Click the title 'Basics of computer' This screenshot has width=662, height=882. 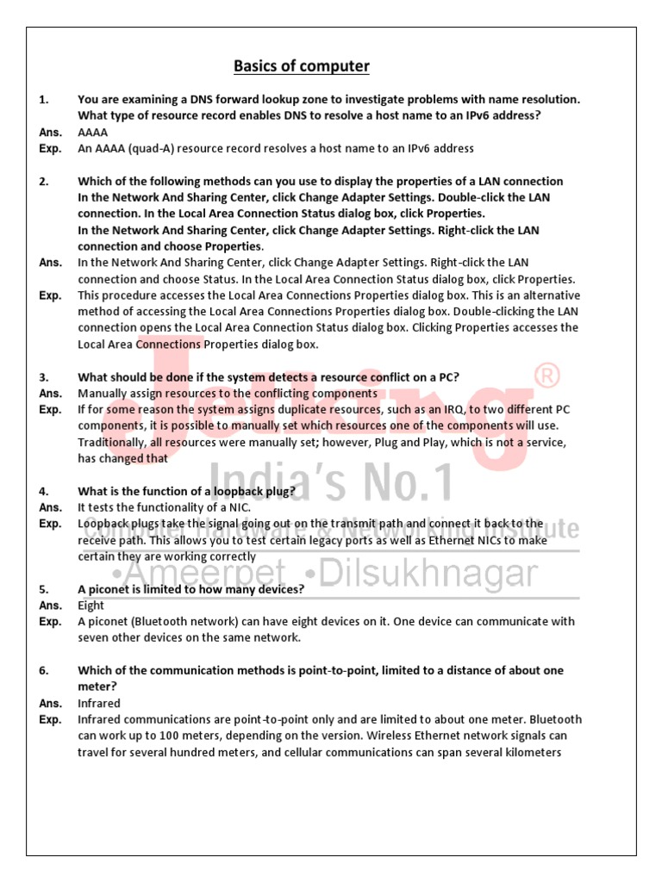302,66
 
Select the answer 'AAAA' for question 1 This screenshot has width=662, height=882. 93,133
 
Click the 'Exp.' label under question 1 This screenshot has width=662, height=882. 50,149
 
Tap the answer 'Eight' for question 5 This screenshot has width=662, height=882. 91,606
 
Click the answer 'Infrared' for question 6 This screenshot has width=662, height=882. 99,704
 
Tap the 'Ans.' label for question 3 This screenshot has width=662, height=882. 50,394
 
